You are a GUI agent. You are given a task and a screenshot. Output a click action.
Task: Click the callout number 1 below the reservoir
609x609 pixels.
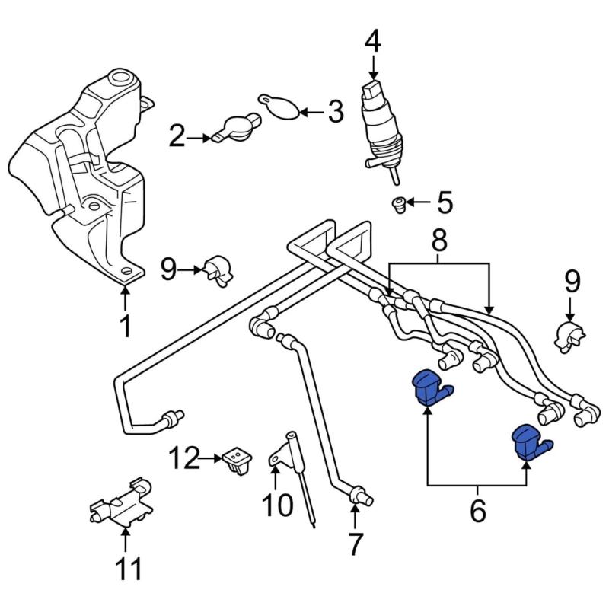click(x=126, y=325)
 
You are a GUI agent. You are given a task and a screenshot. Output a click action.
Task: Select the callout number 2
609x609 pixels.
click(x=177, y=138)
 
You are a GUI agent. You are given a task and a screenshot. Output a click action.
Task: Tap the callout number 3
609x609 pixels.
click(x=336, y=113)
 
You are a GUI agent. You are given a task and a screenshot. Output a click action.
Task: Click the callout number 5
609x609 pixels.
click(x=444, y=202)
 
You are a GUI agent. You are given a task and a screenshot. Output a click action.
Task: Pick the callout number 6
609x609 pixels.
click(x=477, y=511)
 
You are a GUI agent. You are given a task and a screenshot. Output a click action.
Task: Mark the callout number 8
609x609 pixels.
click(x=439, y=244)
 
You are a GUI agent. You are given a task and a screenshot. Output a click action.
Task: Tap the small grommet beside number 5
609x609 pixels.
click(x=397, y=203)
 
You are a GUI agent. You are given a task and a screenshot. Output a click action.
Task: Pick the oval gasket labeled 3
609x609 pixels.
click(x=279, y=107)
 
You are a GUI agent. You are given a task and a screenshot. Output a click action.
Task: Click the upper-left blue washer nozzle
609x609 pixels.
click(x=429, y=388)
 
